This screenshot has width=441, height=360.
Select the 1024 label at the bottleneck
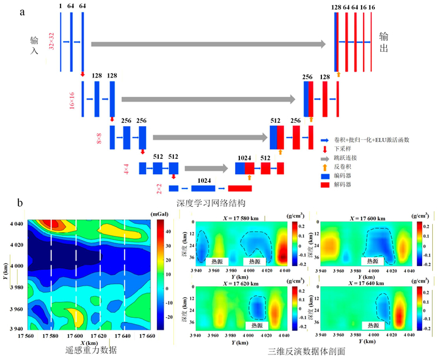point(203,180)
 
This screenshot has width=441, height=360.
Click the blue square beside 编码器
point(324,177)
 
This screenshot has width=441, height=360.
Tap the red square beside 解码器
point(324,186)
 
